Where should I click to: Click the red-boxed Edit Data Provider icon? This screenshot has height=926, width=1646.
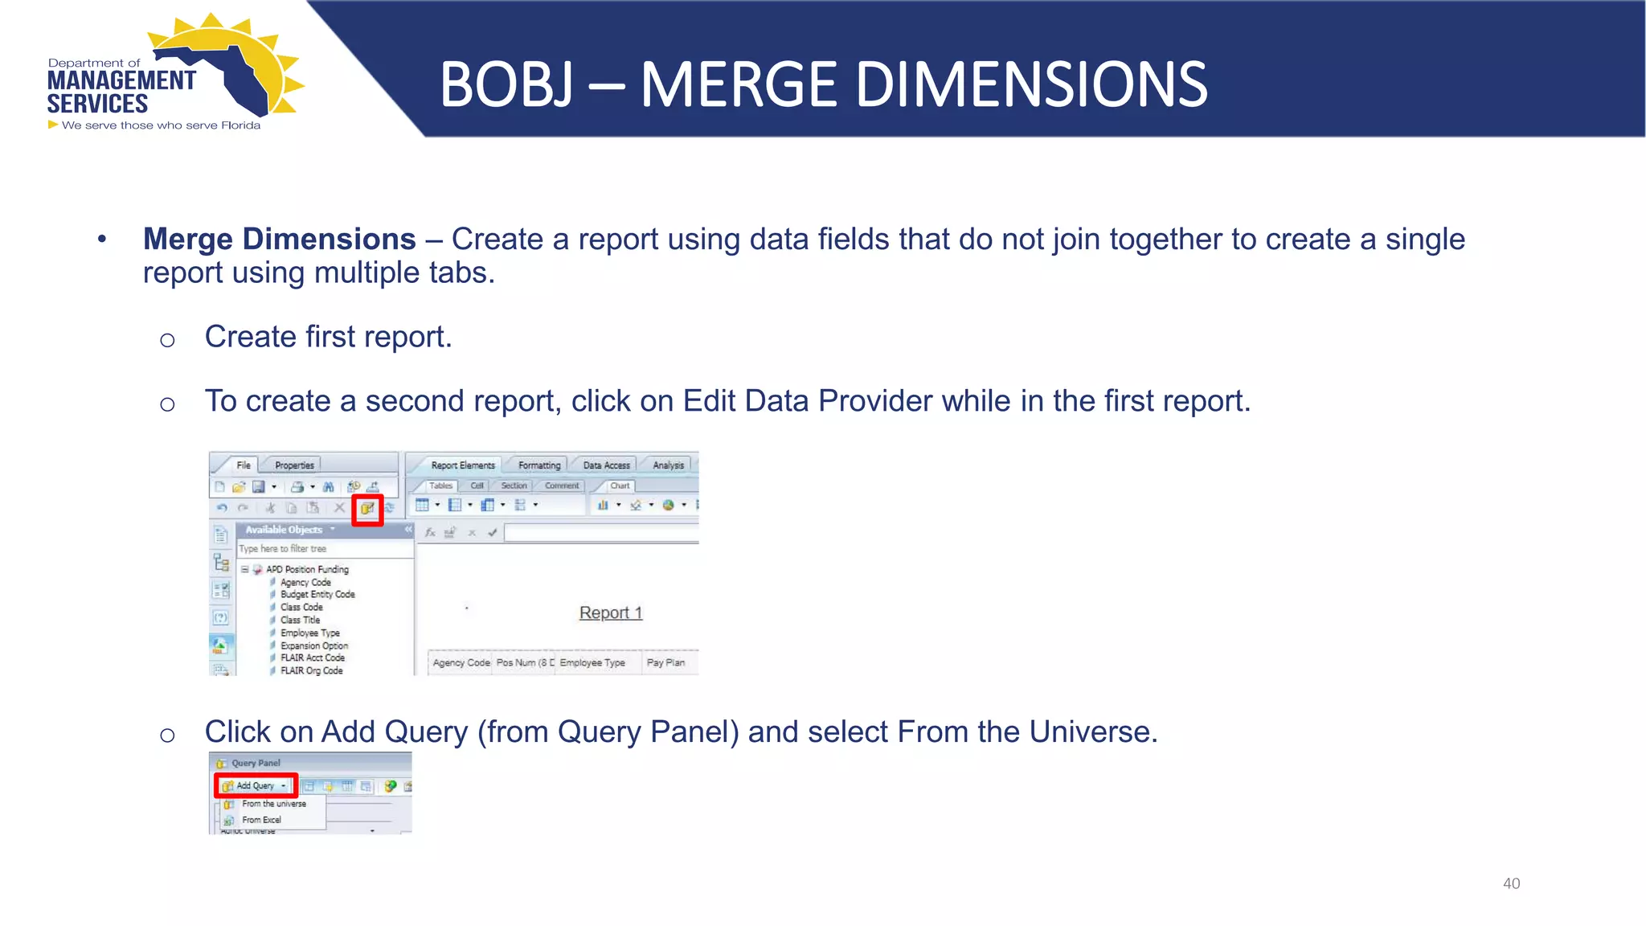tap(367, 508)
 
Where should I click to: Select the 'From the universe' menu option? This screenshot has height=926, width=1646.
tap(273, 804)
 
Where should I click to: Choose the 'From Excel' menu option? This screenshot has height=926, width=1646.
tap(261, 820)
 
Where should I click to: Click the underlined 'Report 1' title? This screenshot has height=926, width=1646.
tap(611, 613)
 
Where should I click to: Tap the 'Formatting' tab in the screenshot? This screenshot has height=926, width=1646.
tap(539, 465)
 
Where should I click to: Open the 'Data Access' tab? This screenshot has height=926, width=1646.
tap(606, 465)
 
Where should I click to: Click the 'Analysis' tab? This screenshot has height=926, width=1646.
tap(668, 465)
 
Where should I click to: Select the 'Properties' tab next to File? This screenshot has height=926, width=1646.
tap(294, 465)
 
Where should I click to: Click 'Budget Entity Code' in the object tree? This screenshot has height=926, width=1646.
tap(317, 594)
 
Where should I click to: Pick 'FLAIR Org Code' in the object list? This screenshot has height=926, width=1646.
tap(311, 670)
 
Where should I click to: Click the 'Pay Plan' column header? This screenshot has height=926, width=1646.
tap(665, 662)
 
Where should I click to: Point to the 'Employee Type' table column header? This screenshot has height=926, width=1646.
tap(592, 662)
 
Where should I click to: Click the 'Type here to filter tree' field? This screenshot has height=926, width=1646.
tap(321, 548)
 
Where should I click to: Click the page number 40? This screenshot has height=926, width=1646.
tap(1511, 883)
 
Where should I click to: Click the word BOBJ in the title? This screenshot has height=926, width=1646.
tap(506, 85)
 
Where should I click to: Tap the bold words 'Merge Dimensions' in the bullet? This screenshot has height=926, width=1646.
tap(279, 239)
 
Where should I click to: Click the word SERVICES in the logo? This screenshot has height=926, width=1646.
tap(97, 104)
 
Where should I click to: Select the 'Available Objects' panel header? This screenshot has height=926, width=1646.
tap(284, 530)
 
